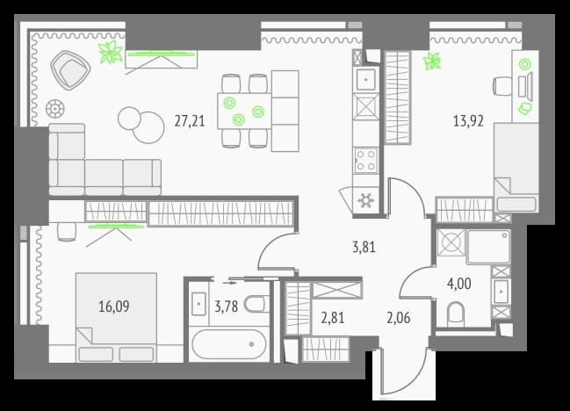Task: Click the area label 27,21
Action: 190,121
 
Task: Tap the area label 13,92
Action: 468,121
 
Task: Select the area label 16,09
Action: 114,306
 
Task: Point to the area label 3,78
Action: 226,306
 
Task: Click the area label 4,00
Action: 459,284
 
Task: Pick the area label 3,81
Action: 364,247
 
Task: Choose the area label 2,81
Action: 333,318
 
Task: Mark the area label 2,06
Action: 399,318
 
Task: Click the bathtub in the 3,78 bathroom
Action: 229,344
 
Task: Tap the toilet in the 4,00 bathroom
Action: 456,314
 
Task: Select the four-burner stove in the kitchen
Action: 365,160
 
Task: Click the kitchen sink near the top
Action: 365,79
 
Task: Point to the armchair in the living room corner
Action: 70,70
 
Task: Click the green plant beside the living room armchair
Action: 111,52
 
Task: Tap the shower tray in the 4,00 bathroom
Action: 488,247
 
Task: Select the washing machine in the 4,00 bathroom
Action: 451,242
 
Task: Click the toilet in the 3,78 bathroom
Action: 257,304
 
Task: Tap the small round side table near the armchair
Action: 54,108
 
